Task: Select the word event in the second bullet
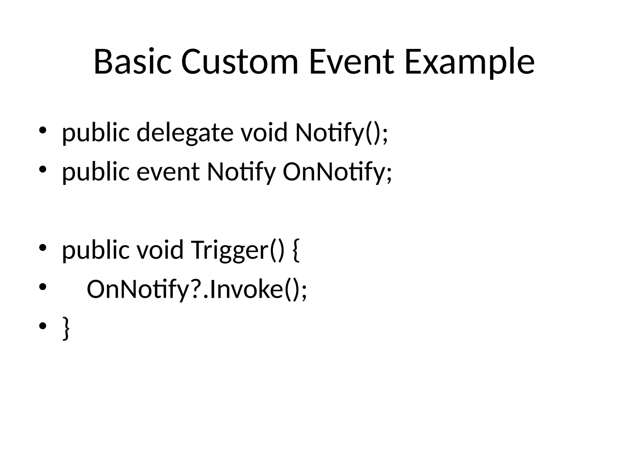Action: [x=168, y=172]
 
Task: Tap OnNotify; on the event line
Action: [x=337, y=172]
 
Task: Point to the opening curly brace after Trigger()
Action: [x=296, y=250]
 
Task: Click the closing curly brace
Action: [x=66, y=328]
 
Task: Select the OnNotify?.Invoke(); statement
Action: [x=197, y=289]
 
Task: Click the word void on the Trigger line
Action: [x=160, y=250]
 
